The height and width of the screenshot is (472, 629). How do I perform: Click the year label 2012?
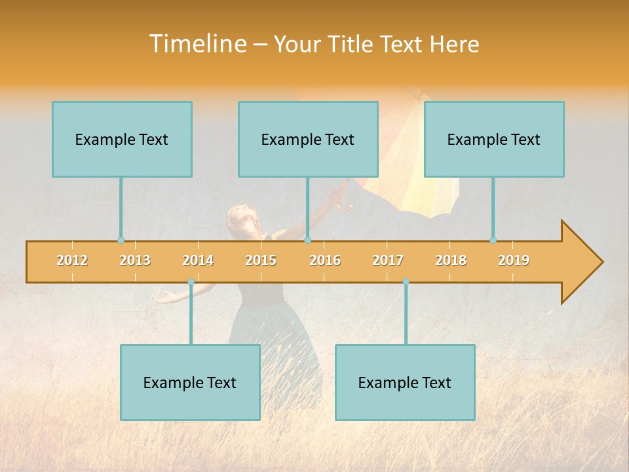72,260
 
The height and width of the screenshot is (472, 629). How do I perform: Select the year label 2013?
135,260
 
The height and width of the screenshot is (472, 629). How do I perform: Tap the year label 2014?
198,260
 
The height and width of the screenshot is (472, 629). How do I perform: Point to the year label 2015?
261,260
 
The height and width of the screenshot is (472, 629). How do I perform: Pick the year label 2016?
325,260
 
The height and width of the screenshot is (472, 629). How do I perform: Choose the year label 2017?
388,260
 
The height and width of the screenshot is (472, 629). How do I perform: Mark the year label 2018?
451,260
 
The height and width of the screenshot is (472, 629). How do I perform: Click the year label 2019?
514,260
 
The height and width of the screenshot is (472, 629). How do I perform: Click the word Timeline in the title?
197,44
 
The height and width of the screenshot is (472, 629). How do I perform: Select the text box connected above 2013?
122,139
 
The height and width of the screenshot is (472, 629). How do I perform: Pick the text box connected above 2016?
308,139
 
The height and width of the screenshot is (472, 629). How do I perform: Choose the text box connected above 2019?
494,139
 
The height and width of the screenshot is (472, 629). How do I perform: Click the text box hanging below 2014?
190,382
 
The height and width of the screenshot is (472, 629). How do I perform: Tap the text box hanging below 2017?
405,382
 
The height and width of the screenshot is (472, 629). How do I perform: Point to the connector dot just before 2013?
121,241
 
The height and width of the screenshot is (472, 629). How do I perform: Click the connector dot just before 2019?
493,241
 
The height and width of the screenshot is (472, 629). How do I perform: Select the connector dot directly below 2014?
191,282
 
